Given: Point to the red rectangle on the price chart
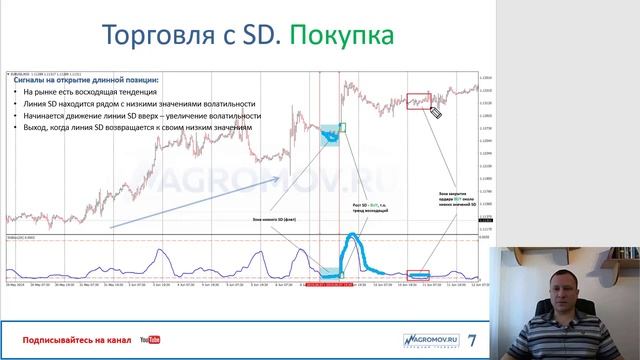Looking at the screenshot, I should (418, 100).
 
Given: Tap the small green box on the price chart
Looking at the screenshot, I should (342, 127).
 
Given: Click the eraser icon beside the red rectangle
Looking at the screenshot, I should (436, 112).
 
